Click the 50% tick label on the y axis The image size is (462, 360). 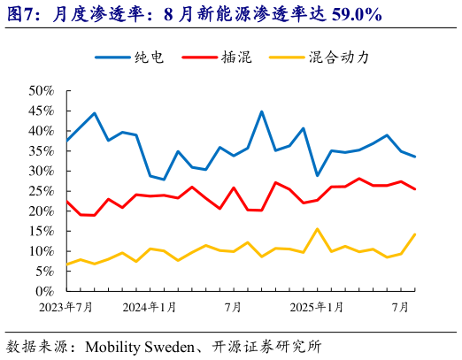(42, 90)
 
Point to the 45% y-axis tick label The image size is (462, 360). (42, 111)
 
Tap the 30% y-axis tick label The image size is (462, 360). (42, 171)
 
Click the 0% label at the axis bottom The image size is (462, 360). (46, 291)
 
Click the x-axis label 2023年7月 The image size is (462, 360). (66, 307)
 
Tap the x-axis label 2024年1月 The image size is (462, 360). (150, 307)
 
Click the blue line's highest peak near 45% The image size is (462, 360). (261, 111)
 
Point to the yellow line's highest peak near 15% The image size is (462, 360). (317, 229)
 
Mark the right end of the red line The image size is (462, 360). (415, 189)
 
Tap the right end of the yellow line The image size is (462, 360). (415, 234)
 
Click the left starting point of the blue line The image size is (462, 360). (66, 141)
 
